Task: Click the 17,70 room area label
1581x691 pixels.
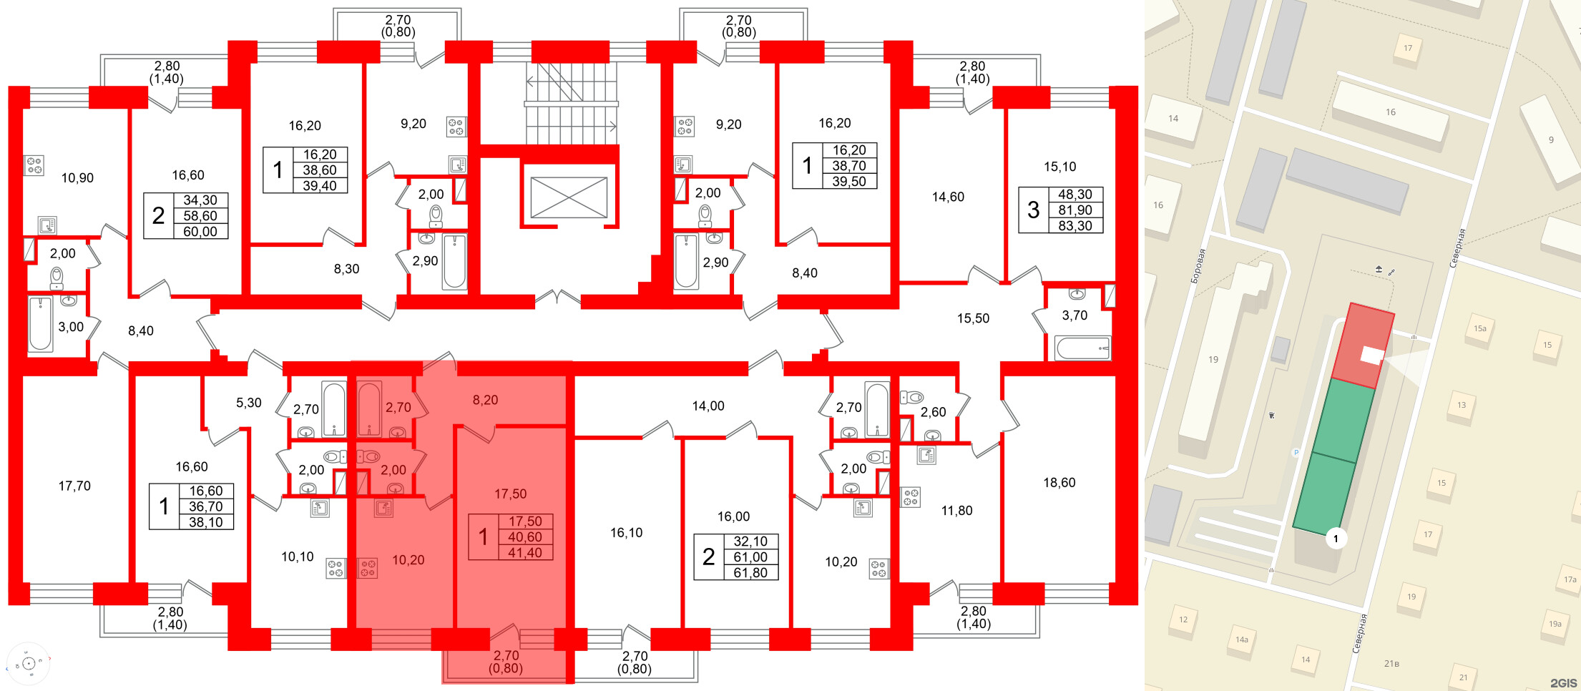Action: (x=74, y=486)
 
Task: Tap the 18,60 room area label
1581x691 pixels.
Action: (x=1059, y=483)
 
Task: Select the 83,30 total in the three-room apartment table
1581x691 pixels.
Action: (x=1075, y=226)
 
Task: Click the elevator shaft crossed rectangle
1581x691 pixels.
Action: (x=569, y=197)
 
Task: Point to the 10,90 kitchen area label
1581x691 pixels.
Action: (x=77, y=178)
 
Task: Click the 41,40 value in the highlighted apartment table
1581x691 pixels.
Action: (x=524, y=553)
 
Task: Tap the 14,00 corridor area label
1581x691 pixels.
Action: (x=708, y=406)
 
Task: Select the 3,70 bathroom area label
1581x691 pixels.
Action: (x=1075, y=315)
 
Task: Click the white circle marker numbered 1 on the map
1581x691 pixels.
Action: (x=1336, y=539)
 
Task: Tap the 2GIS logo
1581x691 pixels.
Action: (x=1563, y=682)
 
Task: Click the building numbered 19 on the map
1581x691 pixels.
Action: (x=1213, y=359)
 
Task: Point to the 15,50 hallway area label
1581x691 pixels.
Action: (x=973, y=318)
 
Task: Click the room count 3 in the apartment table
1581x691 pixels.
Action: (x=1033, y=210)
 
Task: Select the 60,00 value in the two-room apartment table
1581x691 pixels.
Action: (x=200, y=232)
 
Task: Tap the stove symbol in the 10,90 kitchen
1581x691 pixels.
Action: (x=34, y=165)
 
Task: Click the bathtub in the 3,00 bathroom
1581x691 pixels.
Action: (x=40, y=325)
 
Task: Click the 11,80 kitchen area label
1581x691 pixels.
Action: (x=956, y=511)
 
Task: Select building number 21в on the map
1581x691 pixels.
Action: (x=1391, y=664)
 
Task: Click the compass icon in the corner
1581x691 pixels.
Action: (x=29, y=664)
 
